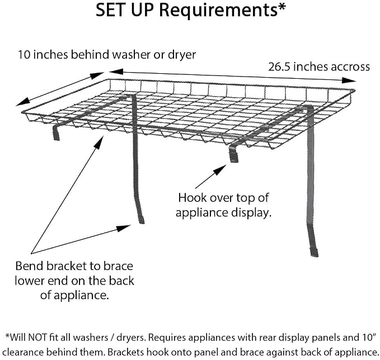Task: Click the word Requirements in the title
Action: click(218, 11)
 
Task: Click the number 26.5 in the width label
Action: click(280, 67)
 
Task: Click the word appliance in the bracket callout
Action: click(83, 296)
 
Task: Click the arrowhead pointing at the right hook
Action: click(220, 170)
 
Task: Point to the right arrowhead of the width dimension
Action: click(349, 80)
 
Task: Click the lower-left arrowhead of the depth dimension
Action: click(23, 102)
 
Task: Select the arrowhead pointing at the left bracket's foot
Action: click(124, 228)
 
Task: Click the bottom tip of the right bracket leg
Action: click(315, 255)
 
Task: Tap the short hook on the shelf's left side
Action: click(56, 132)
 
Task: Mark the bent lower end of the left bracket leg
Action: click(140, 213)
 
